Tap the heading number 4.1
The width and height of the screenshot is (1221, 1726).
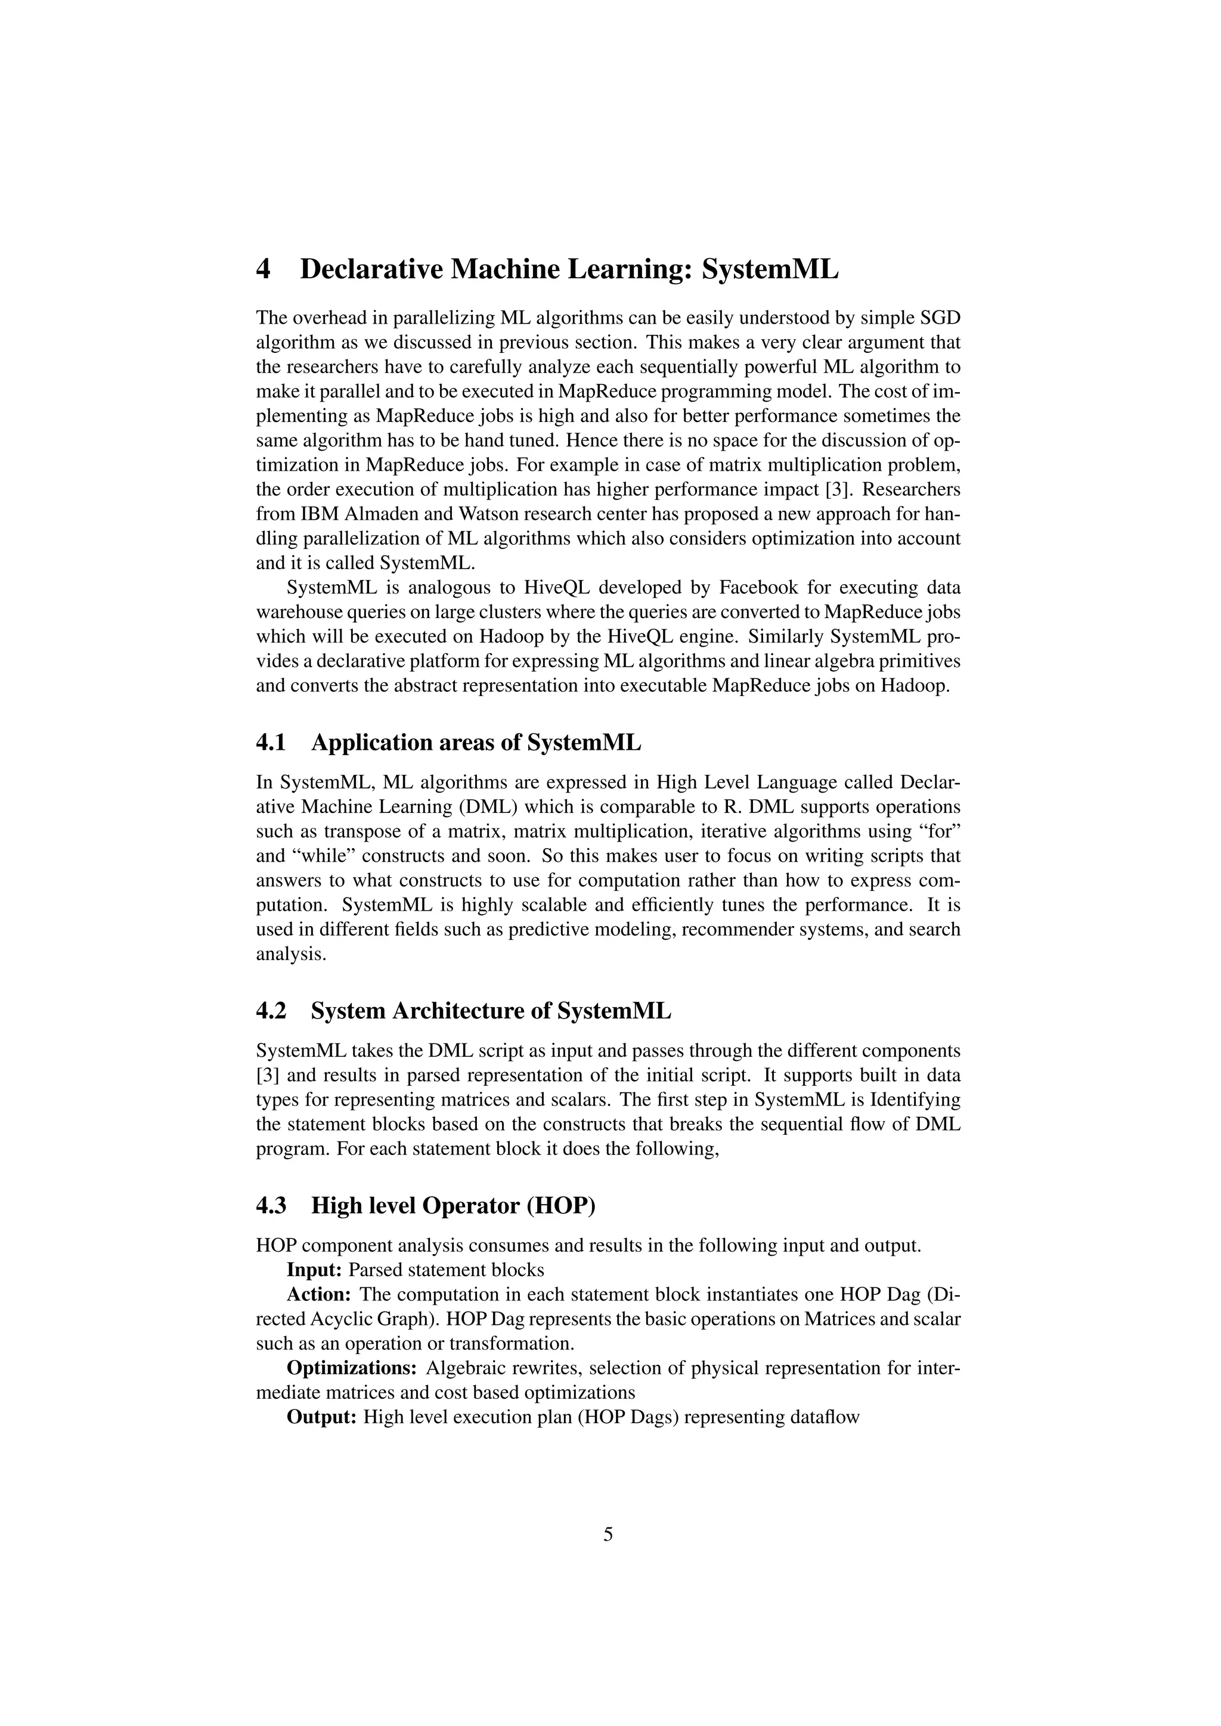tap(271, 743)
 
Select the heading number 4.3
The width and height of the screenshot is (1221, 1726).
tap(271, 1206)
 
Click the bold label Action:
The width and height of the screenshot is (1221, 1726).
tap(320, 1294)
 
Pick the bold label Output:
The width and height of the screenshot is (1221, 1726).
tap(322, 1417)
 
